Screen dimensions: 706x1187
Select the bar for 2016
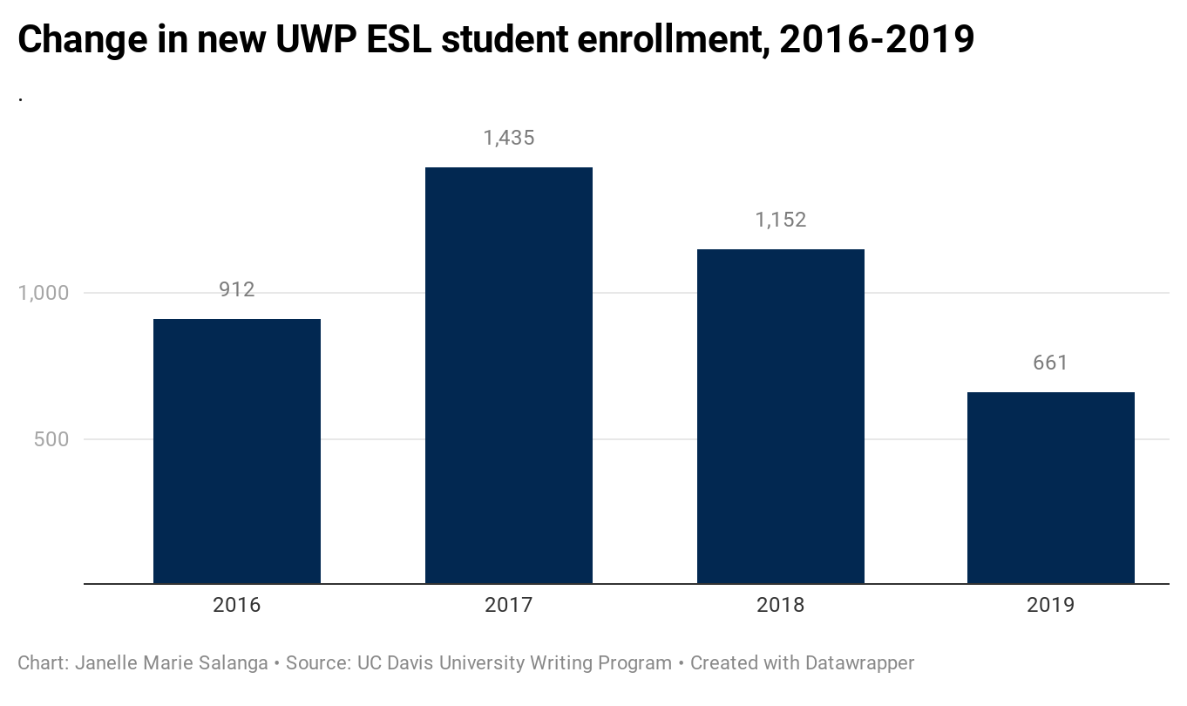(237, 451)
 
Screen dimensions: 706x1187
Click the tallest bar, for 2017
(509, 375)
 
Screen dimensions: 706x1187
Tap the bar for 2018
(781, 416)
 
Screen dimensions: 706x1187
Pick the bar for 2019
(1051, 487)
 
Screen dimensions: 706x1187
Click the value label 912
(237, 289)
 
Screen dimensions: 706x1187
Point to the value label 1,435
(509, 138)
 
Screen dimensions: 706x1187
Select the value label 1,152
(781, 220)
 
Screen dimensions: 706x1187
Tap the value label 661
(1050, 363)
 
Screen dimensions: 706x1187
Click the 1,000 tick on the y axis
(44, 293)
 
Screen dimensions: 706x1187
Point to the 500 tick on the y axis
(51, 439)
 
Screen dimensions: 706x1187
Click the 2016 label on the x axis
(237, 605)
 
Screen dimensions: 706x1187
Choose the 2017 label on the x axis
(509, 605)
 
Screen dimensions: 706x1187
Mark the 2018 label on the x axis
(781, 605)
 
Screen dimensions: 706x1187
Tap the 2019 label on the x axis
(1051, 605)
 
